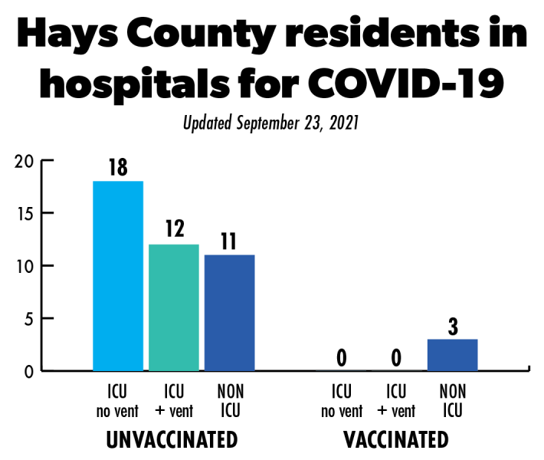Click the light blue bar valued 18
(118, 276)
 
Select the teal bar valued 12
(174, 307)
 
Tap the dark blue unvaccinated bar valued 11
(229, 313)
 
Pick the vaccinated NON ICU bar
(452, 355)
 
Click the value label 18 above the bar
(118, 168)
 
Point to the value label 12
(174, 231)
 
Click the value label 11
(229, 242)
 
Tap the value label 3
(452, 326)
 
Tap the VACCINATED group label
(396, 440)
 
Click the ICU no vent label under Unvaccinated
(118, 402)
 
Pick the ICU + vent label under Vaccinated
(396, 402)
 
